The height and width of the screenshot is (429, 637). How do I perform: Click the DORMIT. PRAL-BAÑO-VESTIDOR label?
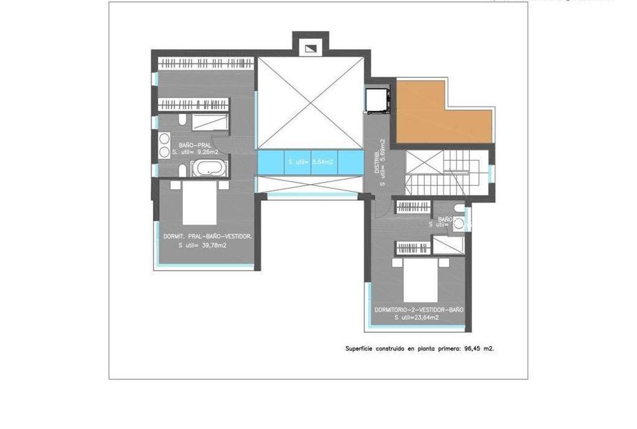tap(208, 236)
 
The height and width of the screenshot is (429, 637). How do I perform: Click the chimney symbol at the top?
tap(311, 48)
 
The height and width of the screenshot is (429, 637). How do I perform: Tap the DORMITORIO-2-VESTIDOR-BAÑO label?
tap(419, 310)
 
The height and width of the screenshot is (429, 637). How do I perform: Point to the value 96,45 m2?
tap(479, 349)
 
